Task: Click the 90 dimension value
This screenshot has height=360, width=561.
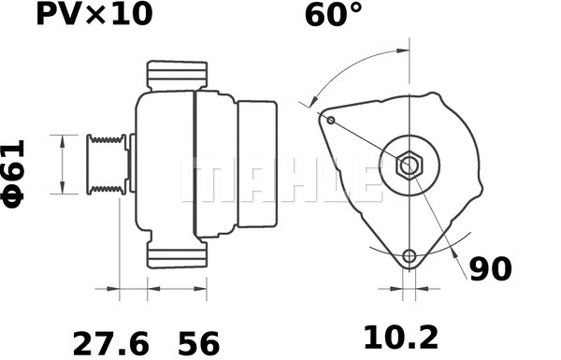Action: pos(490,269)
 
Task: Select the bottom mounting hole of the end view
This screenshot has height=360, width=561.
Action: pos(408,257)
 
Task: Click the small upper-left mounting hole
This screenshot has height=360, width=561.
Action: pos(330,119)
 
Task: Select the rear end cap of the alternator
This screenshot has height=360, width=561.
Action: pos(256,165)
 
